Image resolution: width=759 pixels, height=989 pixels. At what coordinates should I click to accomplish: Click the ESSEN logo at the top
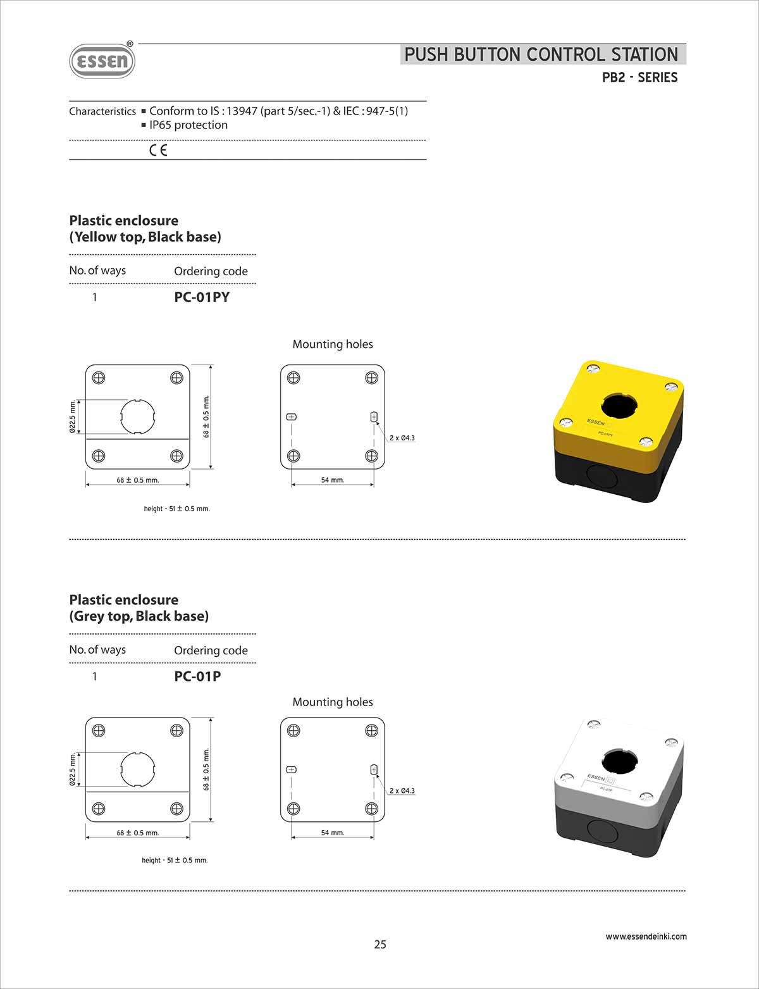[x=102, y=61]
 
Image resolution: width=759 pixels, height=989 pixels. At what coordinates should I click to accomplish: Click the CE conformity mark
[x=158, y=150]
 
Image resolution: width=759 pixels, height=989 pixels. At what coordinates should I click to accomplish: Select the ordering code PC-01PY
[x=202, y=297]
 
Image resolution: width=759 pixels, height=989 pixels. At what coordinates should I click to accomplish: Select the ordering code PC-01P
[x=197, y=676]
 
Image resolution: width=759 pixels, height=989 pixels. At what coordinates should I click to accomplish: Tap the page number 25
[x=379, y=944]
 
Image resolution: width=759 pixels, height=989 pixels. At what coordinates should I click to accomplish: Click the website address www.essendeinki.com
[x=646, y=936]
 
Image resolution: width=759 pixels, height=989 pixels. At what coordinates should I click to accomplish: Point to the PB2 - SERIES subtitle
[x=639, y=78]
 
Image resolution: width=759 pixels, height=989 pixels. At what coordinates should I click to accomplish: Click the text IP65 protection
[x=188, y=125]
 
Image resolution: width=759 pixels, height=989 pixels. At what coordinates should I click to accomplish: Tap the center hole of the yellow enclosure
[x=619, y=406]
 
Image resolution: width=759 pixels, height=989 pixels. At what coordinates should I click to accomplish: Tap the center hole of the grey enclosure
[x=619, y=761]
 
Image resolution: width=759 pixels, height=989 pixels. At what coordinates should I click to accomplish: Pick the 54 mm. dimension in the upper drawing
[x=332, y=480]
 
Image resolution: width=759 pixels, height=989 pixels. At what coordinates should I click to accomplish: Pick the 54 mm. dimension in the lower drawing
[x=332, y=833]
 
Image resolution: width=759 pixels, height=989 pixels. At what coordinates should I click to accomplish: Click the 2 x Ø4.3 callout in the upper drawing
[x=402, y=438]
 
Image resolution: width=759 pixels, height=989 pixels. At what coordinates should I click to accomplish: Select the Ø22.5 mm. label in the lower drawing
[x=73, y=769]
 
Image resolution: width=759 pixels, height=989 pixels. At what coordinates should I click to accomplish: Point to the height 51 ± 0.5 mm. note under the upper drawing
[x=176, y=509]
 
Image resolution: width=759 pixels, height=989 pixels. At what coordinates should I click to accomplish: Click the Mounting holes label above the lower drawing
[x=333, y=702]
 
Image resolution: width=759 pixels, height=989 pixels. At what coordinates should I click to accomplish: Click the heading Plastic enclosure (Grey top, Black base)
[x=139, y=608]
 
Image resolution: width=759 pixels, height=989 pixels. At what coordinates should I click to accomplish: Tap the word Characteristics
[x=102, y=111]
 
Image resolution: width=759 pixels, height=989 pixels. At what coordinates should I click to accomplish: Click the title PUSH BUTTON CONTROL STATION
[x=541, y=55]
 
